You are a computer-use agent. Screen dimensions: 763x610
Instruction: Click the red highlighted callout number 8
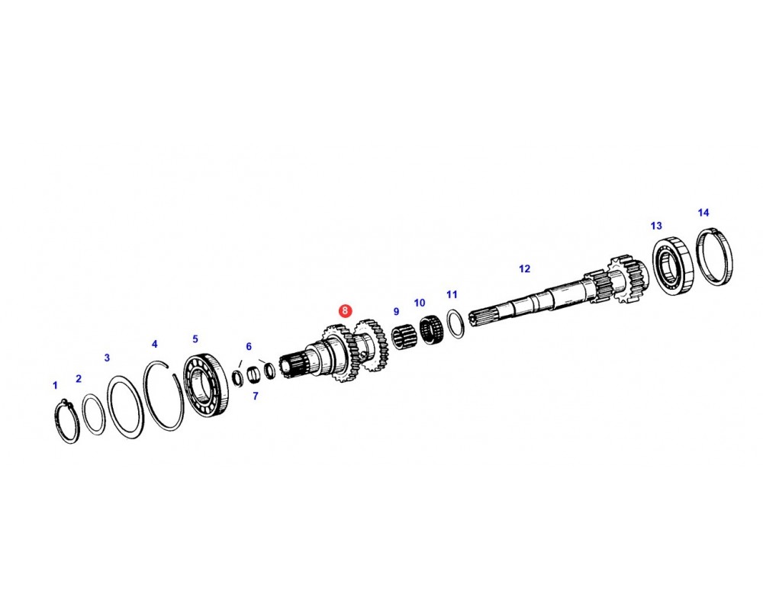pyautogui.click(x=345, y=310)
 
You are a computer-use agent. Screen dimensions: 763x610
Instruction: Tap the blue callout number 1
pyautogui.click(x=55, y=385)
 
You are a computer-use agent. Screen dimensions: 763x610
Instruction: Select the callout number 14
pyautogui.click(x=703, y=213)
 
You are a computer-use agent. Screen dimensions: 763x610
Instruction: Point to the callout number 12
pyautogui.click(x=524, y=268)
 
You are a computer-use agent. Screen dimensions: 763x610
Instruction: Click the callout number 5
pyautogui.click(x=195, y=339)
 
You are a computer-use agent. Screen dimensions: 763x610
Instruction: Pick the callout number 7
pyautogui.click(x=256, y=396)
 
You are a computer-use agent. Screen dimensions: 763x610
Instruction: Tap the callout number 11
pyautogui.click(x=452, y=294)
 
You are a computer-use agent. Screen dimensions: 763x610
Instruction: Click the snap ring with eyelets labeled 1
pyautogui.click(x=67, y=421)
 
